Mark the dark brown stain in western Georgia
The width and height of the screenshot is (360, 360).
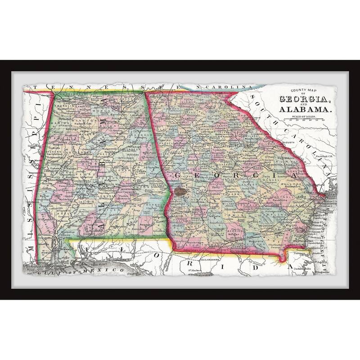(180, 191)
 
